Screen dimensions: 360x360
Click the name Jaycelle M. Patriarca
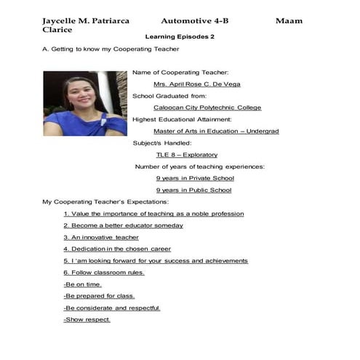click(x=86, y=21)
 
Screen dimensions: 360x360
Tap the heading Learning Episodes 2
click(x=180, y=36)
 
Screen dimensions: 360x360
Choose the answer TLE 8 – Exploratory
click(x=186, y=155)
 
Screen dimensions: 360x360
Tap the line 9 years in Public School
click(x=193, y=191)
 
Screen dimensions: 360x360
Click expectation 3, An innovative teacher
click(x=101, y=237)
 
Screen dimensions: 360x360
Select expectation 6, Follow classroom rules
click(x=104, y=273)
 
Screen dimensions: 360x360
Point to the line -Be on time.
click(x=83, y=284)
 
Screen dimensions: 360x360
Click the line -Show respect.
click(x=87, y=320)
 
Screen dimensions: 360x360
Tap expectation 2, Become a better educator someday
click(x=123, y=225)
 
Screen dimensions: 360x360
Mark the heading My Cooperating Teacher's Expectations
click(x=105, y=201)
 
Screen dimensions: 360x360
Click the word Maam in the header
click(x=289, y=21)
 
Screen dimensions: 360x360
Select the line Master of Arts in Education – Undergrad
click(x=206, y=132)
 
